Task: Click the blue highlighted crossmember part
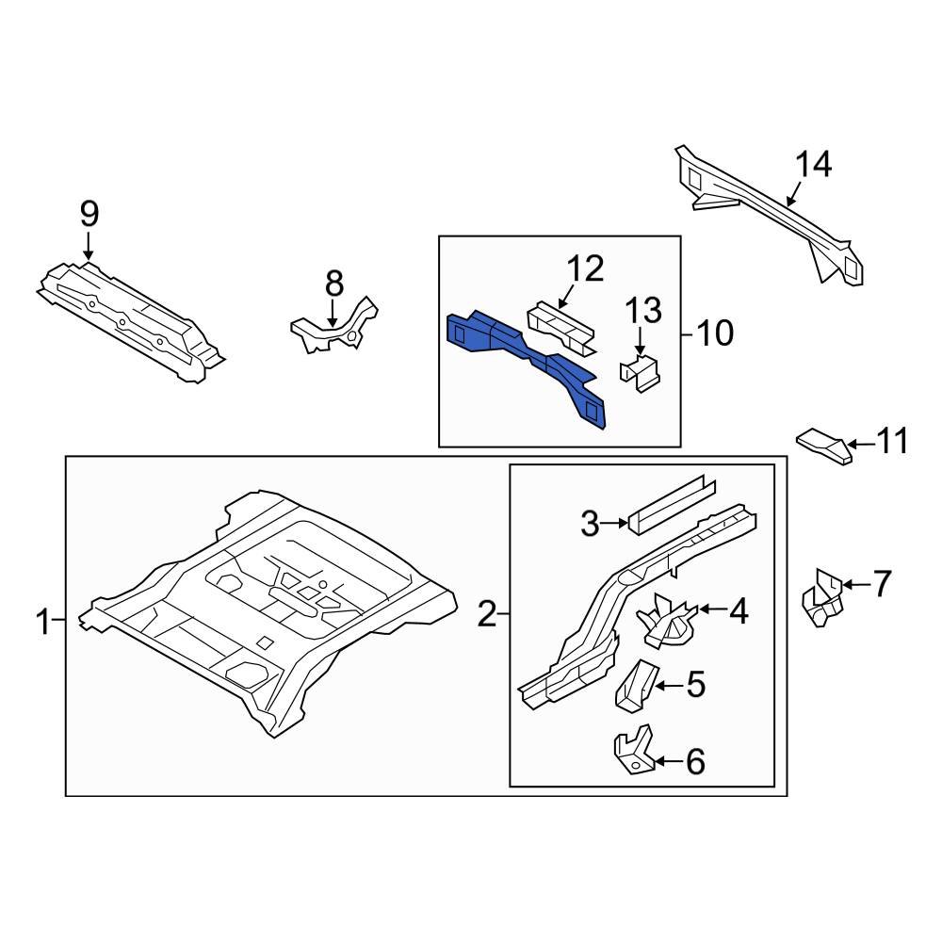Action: [528, 363]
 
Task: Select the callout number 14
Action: [814, 165]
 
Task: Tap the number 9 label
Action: [89, 214]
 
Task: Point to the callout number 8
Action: [333, 282]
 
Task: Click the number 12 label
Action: [583, 269]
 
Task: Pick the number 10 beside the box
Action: [714, 333]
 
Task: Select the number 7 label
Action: [881, 584]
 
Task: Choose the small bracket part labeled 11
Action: [824, 446]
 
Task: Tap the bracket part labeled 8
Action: [334, 333]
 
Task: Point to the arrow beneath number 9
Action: [89, 246]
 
